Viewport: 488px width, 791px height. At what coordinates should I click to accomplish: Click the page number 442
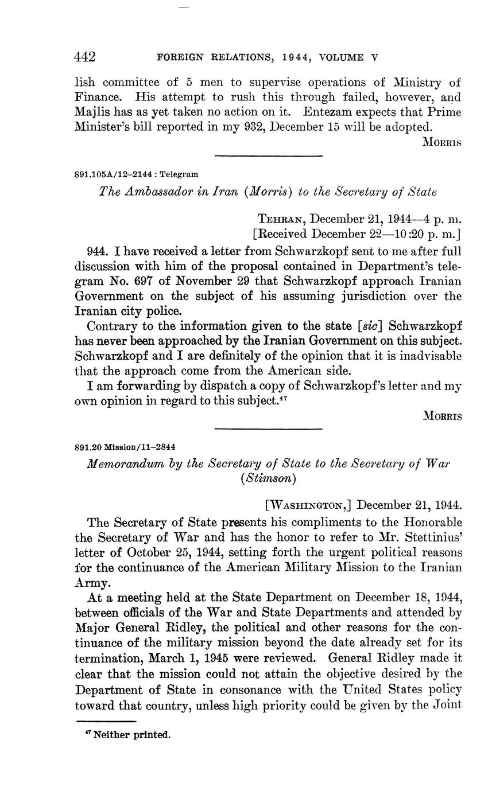(85, 57)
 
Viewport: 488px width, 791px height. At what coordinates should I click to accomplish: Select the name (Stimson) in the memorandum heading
(268, 477)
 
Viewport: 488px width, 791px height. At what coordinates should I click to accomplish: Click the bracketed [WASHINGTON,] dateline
(308, 505)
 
